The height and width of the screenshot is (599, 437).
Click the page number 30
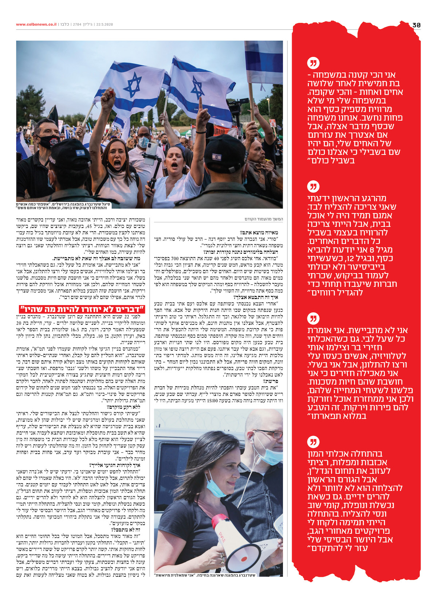click(x=417, y=25)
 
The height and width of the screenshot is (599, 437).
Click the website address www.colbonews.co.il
click(x=36, y=24)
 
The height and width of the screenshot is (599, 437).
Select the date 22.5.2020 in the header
click(x=105, y=24)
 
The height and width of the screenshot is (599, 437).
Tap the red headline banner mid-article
click(x=82, y=309)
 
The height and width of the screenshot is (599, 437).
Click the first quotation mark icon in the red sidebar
click(x=313, y=63)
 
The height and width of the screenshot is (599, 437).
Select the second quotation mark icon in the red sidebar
click(x=313, y=186)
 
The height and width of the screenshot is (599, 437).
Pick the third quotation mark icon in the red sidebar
click(x=313, y=318)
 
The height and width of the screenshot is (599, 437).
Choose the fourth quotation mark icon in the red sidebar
click(x=313, y=442)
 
